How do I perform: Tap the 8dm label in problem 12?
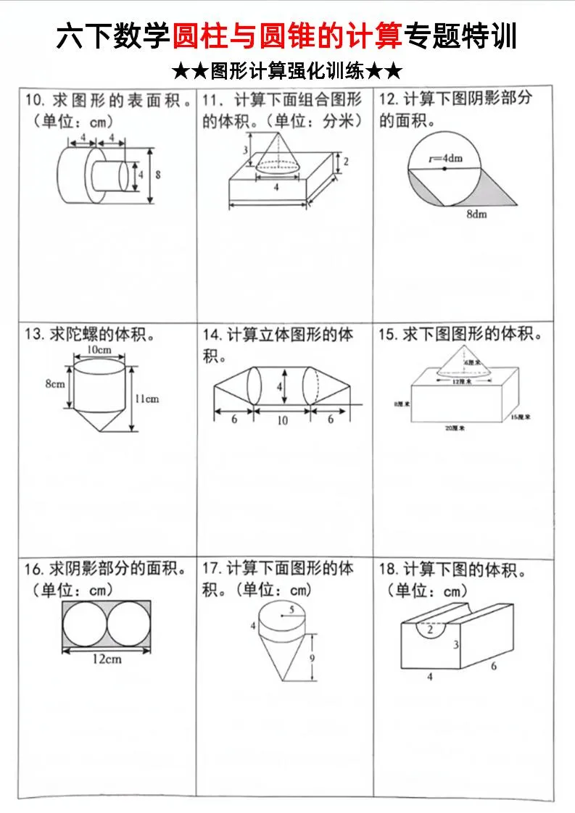point(476,214)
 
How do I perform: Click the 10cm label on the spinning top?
point(99,349)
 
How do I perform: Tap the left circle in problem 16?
point(85,625)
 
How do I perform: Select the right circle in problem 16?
point(130,625)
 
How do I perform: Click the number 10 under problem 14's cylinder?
point(282,420)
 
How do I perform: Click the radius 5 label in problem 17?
point(291,609)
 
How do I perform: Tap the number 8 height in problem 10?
point(158,175)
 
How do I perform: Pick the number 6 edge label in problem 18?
point(494,666)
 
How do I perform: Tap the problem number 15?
point(387,335)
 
